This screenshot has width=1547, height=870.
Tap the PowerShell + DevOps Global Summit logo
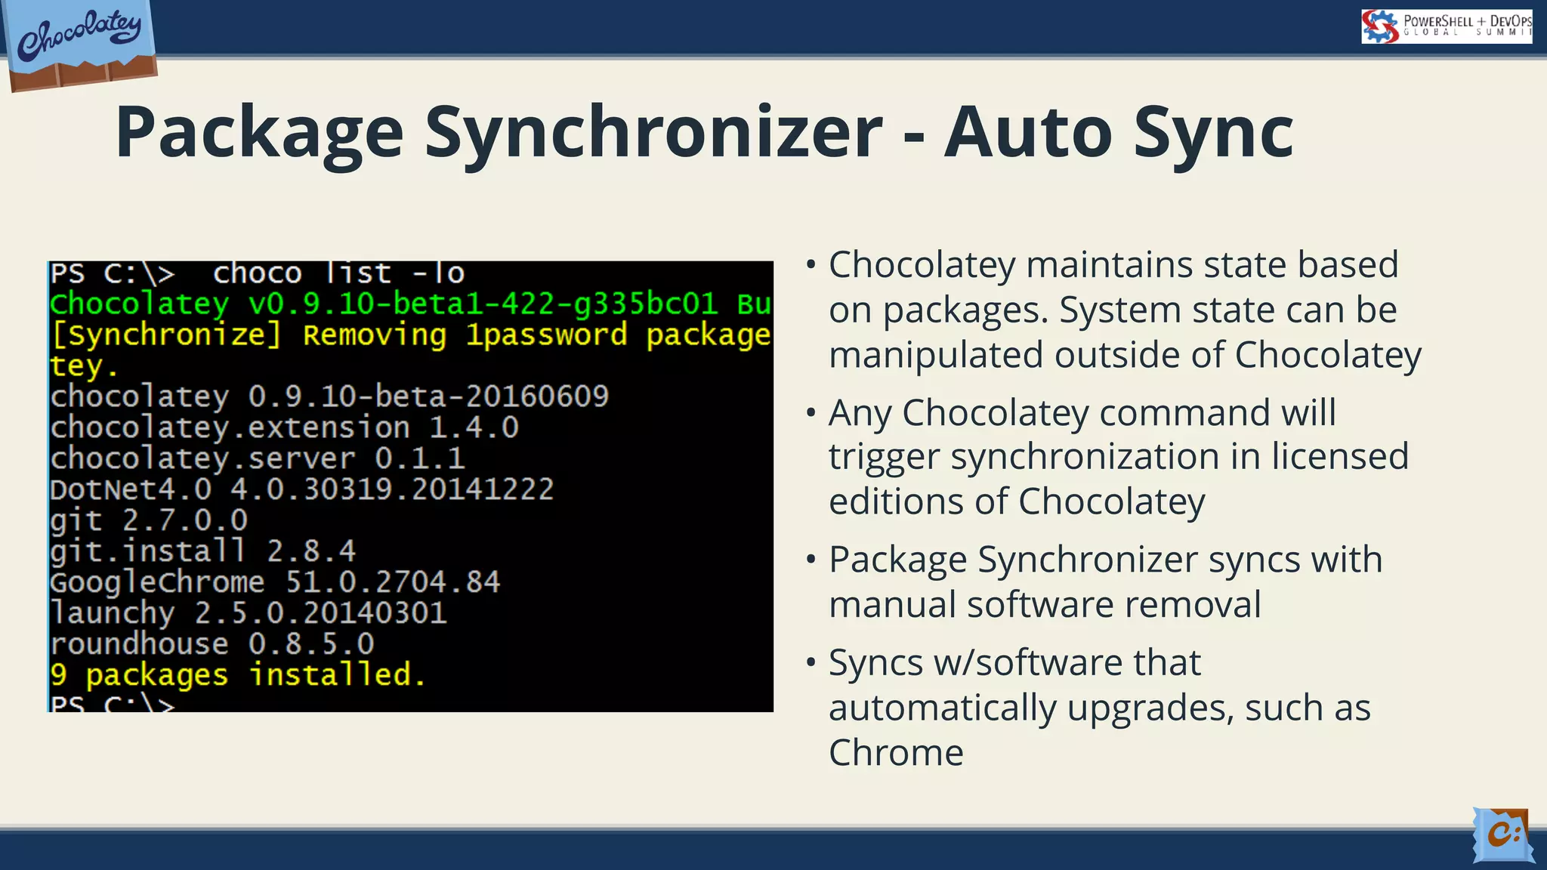pyautogui.click(x=1446, y=26)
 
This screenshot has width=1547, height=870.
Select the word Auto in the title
pyautogui.click(x=1028, y=132)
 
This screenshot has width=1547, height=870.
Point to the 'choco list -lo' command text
pyautogui.click(x=338, y=273)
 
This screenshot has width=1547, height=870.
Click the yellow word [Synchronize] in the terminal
pyautogui.click(x=165, y=335)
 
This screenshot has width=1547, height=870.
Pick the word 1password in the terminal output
pyautogui.click(x=546, y=335)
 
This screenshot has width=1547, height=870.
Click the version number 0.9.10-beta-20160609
pyautogui.click(x=428, y=396)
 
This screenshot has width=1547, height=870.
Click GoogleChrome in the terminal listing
pyautogui.click(x=157, y=582)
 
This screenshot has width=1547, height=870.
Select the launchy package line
pyautogui.click(x=249, y=613)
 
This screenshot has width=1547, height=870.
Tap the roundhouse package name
pyautogui.click(x=139, y=644)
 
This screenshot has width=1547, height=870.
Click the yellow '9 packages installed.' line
pyautogui.click(x=238, y=675)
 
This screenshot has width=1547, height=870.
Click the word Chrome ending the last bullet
pyautogui.click(x=896, y=753)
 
